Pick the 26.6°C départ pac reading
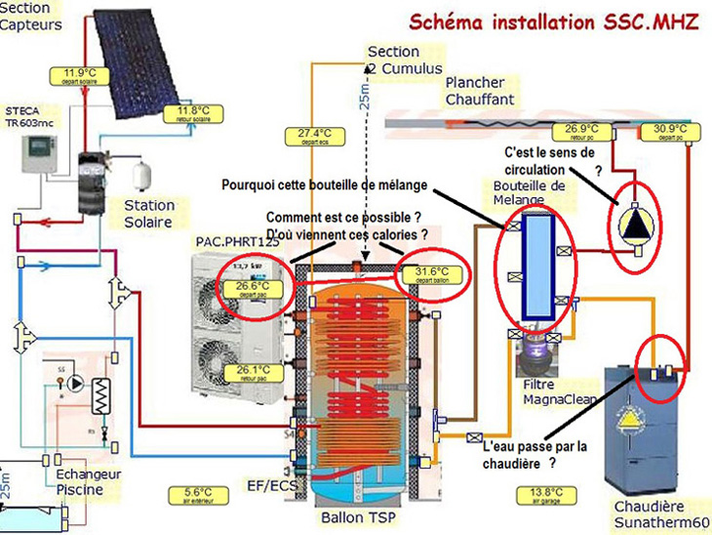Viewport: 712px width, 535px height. [252, 288]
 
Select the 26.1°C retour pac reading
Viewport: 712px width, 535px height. [253, 372]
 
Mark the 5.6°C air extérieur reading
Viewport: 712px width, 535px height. [190, 494]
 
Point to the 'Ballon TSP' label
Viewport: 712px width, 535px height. [361, 516]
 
